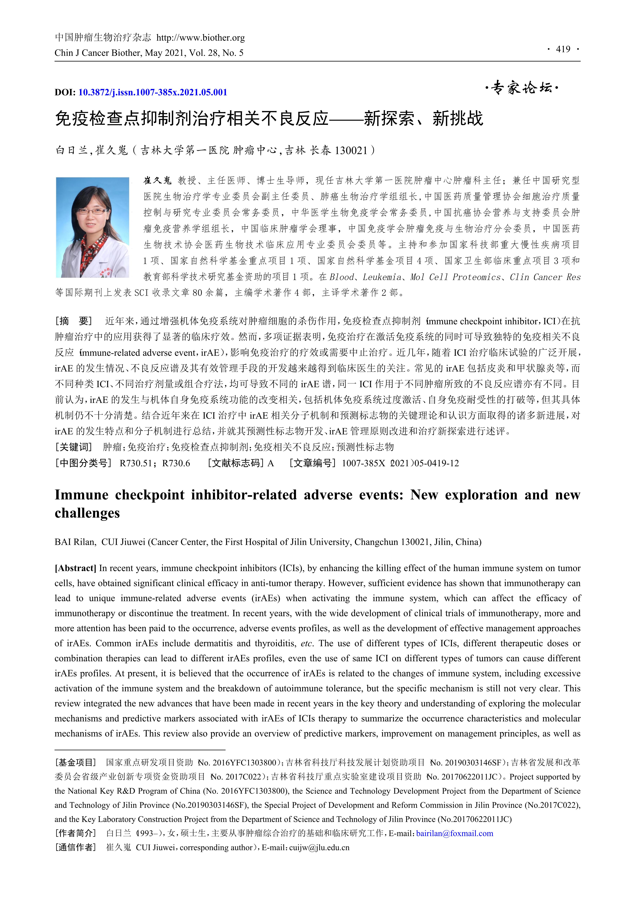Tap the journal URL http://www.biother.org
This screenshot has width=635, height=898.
point(201,38)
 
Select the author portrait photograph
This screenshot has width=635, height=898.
point(93,228)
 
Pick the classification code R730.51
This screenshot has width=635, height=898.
point(135,463)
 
